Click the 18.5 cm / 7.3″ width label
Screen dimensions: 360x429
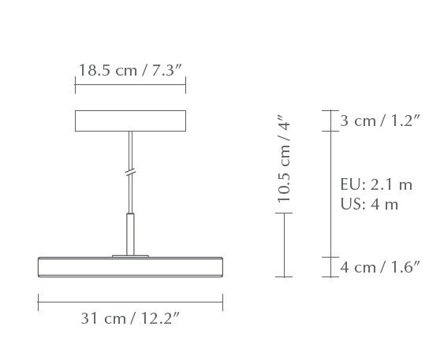(x=131, y=69)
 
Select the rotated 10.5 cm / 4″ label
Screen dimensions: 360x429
(x=285, y=161)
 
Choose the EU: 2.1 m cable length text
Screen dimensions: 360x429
(x=376, y=185)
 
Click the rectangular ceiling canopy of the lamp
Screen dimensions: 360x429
(x=131, y=121)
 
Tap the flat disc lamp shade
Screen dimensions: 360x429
(x=131, y=265)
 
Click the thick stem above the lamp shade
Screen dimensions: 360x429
(x=131, y=232)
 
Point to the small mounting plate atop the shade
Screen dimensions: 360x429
(x=131, y=255)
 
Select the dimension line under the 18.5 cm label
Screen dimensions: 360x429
(x=131, y=86)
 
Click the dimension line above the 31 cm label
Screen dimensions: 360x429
(x=131, y=299)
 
